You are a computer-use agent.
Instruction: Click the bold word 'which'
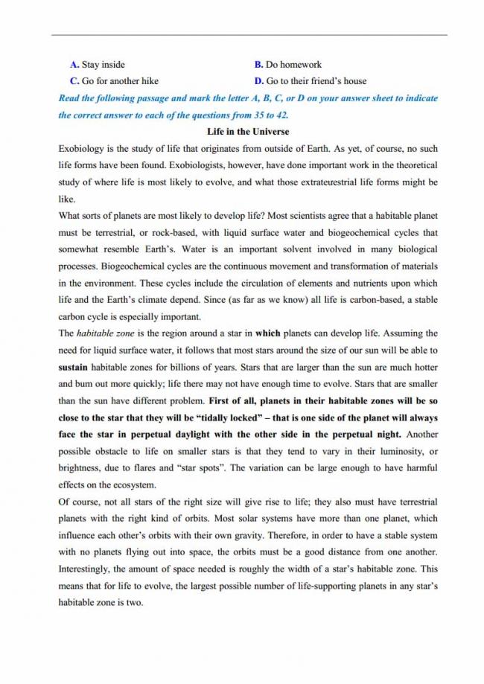[x=267, y=333]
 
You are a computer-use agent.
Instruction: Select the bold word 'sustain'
[x=74, y=367]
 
